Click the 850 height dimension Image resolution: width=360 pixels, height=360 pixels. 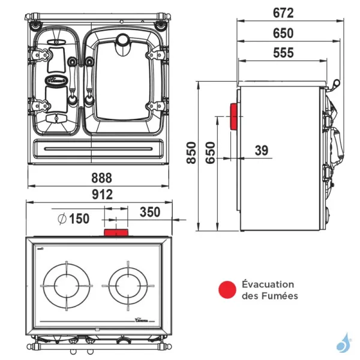(191, 154)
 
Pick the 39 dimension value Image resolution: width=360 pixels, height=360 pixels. (261, 151)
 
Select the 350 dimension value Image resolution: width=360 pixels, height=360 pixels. (149, 212)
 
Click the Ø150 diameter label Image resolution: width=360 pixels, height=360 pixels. (74, 218)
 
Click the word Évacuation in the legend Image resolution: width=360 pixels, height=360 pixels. (268, 284)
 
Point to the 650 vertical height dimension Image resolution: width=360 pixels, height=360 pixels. (209, 154)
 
